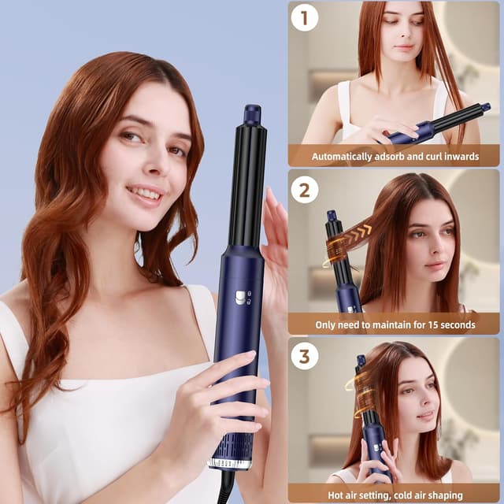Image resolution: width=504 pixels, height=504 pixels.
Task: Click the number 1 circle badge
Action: [304, 17]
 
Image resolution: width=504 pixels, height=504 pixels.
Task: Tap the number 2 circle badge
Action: [304, 189]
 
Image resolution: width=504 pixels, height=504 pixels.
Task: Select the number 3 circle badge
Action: [304, 356]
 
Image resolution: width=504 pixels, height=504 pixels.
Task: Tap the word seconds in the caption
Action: [457, 324]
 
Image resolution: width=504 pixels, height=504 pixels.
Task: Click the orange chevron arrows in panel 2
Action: [360, 232]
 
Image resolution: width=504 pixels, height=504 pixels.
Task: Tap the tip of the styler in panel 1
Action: [485, 106]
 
